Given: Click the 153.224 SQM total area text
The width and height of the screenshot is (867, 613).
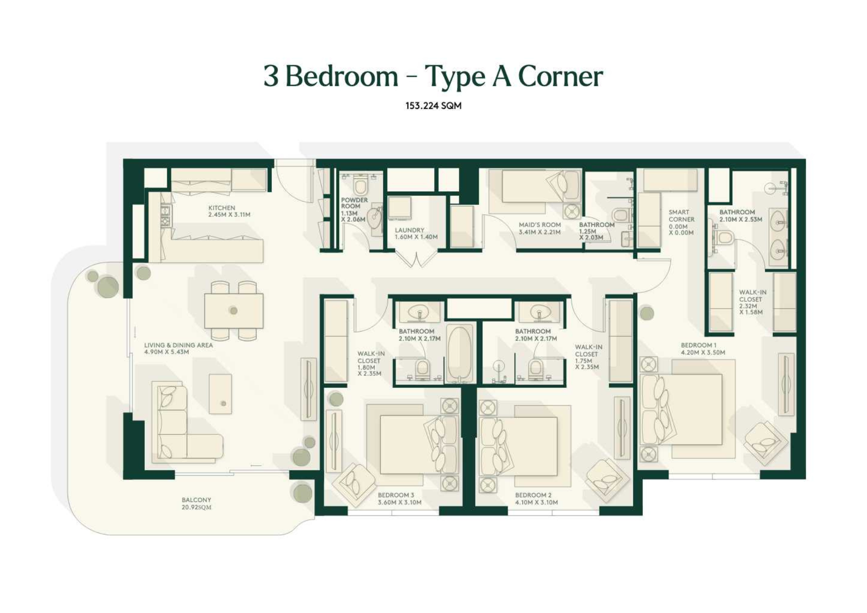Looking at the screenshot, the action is [433, 106].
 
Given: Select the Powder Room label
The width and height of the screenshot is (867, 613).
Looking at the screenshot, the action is [354, 203].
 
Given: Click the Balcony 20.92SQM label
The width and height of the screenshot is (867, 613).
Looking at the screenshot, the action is [196, 503].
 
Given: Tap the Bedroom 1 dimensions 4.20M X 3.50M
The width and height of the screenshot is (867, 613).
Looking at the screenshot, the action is [703, 352].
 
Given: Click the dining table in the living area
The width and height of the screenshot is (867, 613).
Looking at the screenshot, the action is [234, 311].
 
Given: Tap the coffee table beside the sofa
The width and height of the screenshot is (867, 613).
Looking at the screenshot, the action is [220, 394].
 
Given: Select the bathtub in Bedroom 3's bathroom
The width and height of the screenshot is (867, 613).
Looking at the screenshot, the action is [460, 353].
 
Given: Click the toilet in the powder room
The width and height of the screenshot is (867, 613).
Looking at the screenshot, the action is [360, 186].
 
